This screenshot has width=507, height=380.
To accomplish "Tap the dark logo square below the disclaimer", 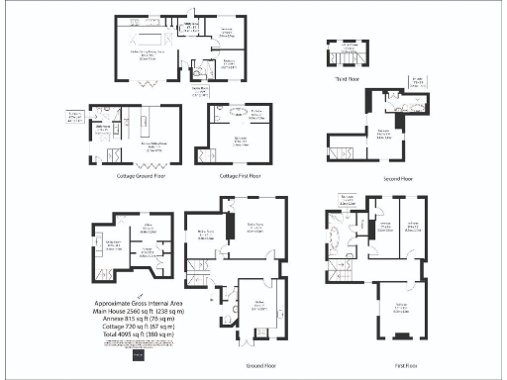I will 139,358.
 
